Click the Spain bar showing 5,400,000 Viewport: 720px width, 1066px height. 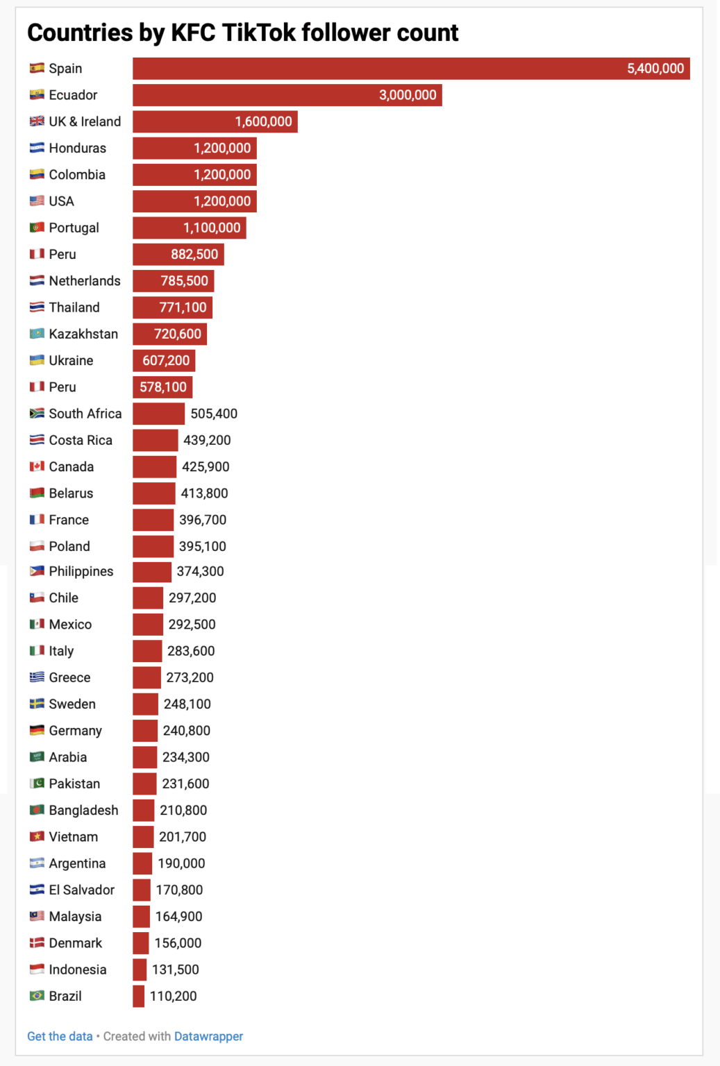coord(411,69)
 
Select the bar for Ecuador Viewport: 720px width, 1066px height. coord(287,95)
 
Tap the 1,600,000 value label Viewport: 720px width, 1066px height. coord(263,122)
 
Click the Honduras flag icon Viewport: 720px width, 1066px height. coord(37,149)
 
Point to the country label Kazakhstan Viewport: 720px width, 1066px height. coord(83,335)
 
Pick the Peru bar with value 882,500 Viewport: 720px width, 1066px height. coord(178,255)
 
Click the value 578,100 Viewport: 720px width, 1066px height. coord(163,387)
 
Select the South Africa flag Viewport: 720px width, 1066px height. coord(37,414)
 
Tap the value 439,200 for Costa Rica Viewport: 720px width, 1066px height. coord(207,441)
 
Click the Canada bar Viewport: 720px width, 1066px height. coord(154,467)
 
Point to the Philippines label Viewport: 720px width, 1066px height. coord(81,571)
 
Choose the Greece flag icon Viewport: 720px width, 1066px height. coord(37,677)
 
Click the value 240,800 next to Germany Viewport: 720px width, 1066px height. coord(186,731)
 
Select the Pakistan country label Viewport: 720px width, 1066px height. coord(74,784)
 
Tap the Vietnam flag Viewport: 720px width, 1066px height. coord(37,837)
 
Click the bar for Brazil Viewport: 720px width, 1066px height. coord(138,997)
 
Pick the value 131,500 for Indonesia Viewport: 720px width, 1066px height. coord(175,970)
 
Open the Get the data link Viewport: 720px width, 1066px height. coord(60,1036)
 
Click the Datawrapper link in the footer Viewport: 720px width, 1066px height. coord(208,1036)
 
